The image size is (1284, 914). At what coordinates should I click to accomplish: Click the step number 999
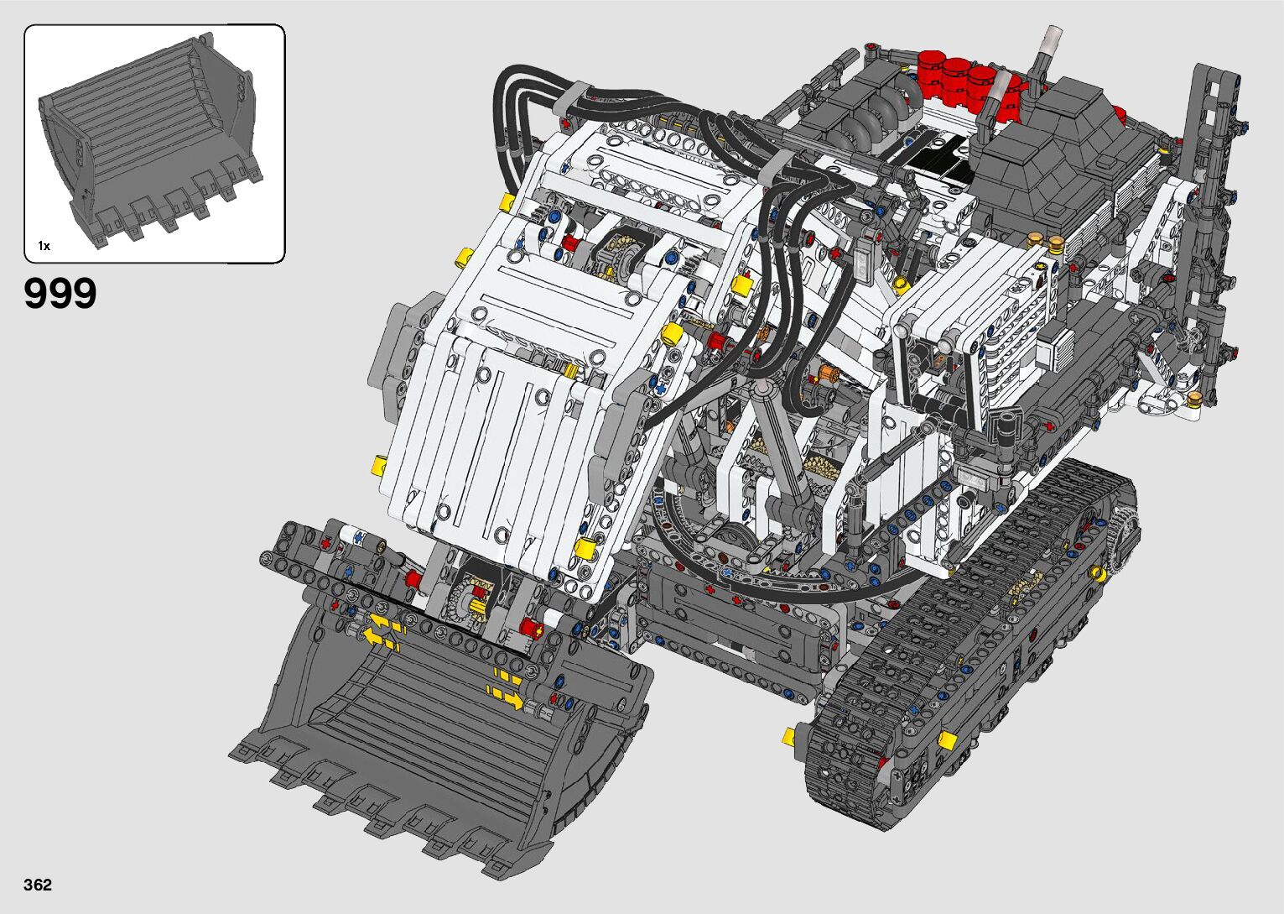pos(60,293)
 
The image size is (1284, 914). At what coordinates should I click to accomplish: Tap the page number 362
pos(38,884)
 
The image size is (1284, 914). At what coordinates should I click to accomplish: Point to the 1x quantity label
pos(44,246)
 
